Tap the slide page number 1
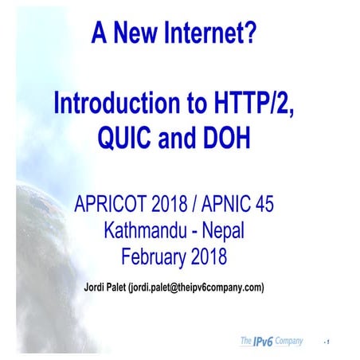click(x=328, y=342)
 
